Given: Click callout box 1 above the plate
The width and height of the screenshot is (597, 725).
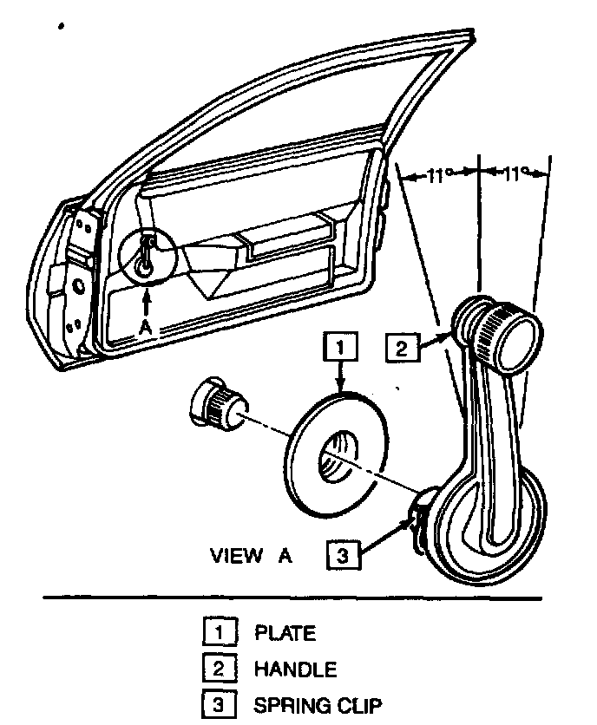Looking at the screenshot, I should click(340, 348).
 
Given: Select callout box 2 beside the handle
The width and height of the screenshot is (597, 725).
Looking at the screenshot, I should click(401, 349).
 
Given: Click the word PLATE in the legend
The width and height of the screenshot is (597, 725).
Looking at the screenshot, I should click(285, 633).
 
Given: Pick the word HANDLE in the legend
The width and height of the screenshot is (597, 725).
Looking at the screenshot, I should click(295, 669).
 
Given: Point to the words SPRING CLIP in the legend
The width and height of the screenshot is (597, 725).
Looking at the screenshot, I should click(317, 706).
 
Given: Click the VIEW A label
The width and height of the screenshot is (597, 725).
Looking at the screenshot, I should click(251, 556).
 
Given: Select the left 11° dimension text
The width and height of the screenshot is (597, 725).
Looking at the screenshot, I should click(438, 175).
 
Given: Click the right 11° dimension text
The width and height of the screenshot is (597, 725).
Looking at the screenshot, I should click(514, 174).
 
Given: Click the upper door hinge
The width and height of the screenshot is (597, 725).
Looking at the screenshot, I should click(84, 231).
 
